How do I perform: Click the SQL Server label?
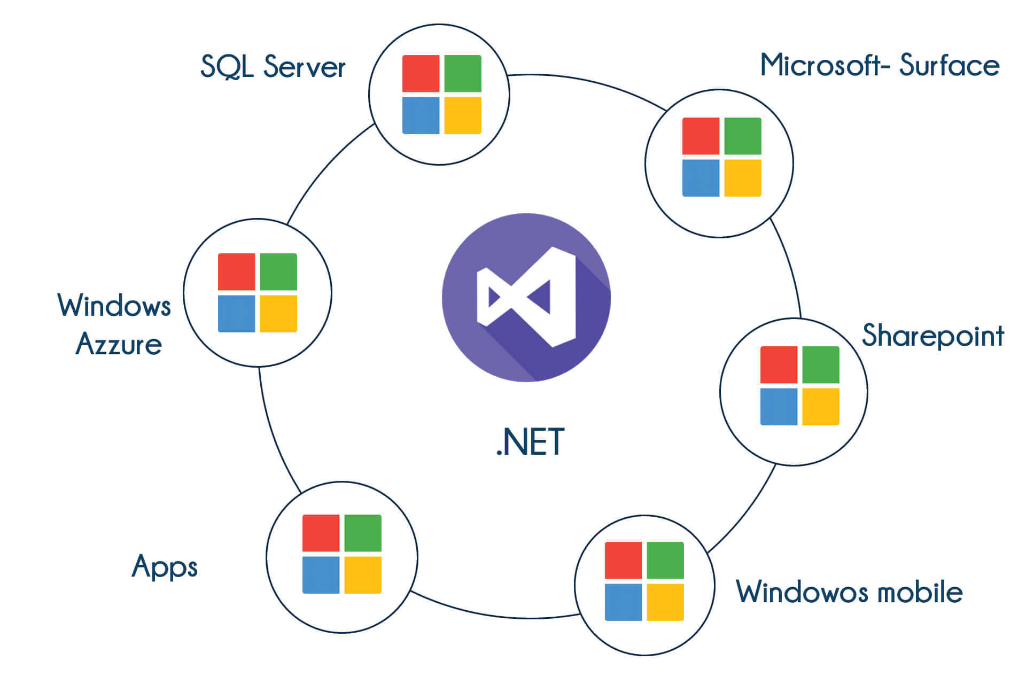point(273,67)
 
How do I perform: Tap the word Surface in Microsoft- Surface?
point(949,66)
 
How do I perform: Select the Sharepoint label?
point(932,336)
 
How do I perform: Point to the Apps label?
point(165,566)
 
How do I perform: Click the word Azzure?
point(119,344)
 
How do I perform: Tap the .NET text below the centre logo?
point(530,442)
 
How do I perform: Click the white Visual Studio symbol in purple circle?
point(526,297)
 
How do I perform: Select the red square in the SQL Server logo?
point(421,73)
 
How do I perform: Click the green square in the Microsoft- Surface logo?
point(743,136)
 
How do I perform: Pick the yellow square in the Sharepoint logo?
point(821,407)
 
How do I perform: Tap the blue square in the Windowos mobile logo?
point(623,602)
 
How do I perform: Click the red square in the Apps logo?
point(321,533)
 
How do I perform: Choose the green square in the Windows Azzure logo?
point(278,271)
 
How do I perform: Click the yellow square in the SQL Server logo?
point(463,115)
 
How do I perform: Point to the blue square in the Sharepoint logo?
point(779,407)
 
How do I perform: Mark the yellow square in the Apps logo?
point(363,575)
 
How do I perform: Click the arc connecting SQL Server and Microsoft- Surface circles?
point(588,83)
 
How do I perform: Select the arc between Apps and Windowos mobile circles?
point(492,615)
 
